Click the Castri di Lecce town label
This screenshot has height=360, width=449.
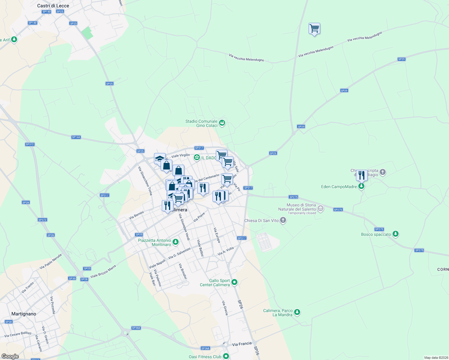click(53, 6)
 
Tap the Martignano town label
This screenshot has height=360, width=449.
click(24, 314)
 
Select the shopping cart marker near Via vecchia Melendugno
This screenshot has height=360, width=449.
click(314, 29)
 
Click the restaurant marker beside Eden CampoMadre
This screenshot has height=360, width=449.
click(362, 175)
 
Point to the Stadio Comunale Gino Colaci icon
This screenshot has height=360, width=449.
click(222, 123)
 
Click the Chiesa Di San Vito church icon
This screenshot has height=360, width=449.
click(283, 220)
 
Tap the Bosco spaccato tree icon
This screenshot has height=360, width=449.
click(396, 234)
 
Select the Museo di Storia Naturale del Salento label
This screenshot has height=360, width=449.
click(301, 207)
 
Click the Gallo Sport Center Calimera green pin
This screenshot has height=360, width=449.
click(235, 282)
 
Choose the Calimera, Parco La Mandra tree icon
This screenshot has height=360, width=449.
click(297, 312)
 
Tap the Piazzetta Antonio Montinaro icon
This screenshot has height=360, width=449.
click(176, 242)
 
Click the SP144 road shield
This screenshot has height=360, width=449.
click(76, 137)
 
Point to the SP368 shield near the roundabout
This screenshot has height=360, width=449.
click(136, 328)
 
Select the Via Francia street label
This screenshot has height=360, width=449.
click(242, 344)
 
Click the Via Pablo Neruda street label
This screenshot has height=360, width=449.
click(51, 261)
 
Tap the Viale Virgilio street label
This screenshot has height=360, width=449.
click(180, 156)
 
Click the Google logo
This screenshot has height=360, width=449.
click(10, 356)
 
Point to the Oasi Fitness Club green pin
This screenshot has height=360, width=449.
click(226, 356)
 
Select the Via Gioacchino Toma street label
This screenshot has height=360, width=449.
click(145, 181)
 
